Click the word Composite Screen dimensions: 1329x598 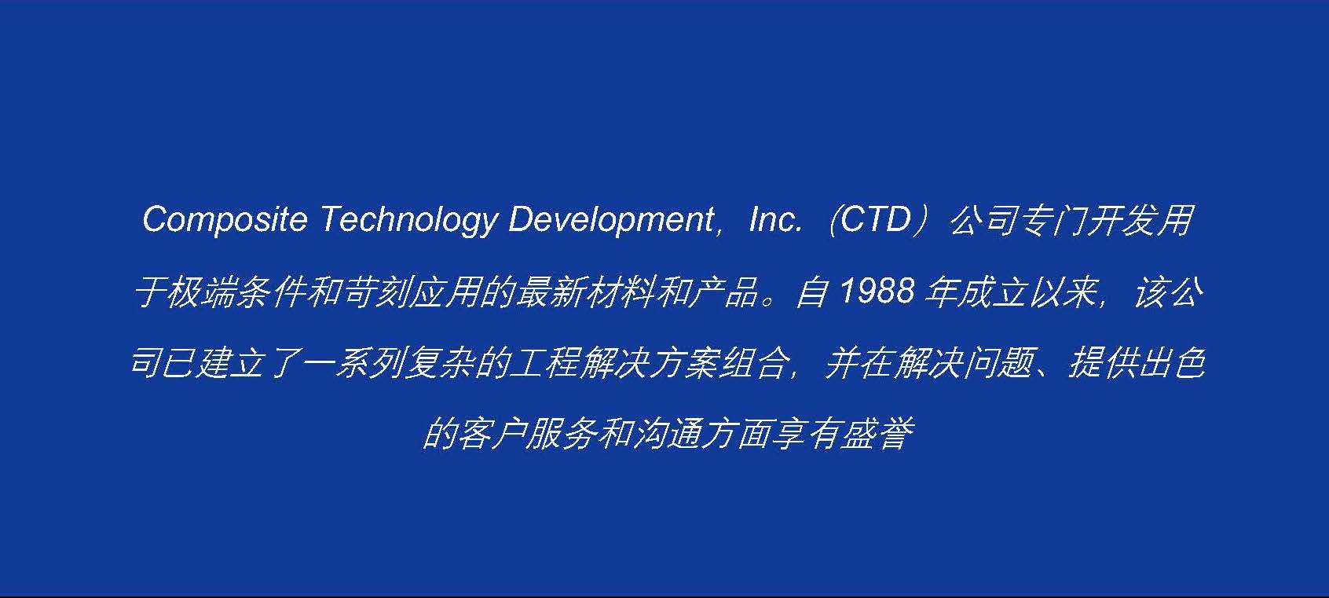(x=225, y=220)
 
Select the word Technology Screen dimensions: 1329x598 (x=408, y=220)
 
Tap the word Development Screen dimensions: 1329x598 (x=612, y=220)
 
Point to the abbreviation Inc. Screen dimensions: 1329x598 (x=774, y=219)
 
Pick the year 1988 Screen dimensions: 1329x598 (x=877, y=292)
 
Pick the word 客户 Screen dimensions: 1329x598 (x=490, y=434)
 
